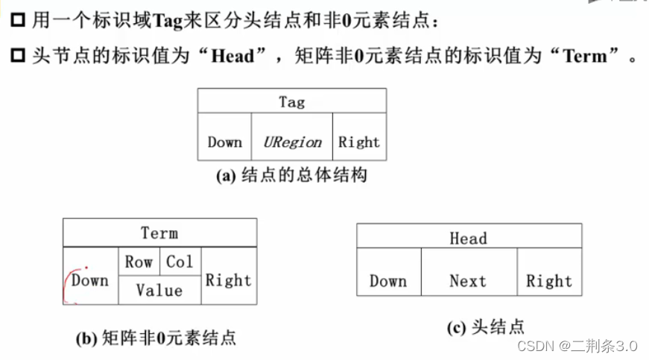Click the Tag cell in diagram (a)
pos(291,101)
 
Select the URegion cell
pos(292,142)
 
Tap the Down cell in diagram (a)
pos(224,142)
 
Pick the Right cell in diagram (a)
pos(359,142)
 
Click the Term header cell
pos(159,233)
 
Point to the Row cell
pos(139,262)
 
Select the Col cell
pos(180,262)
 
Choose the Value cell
pos(159,290)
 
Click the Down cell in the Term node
pos(90,280)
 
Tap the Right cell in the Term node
pos(229,280)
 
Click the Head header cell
pos(468,239)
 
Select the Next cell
pos(468,281)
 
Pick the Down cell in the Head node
pos(388,281)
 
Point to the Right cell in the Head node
pos(549,281)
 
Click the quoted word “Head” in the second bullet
pos(232,56)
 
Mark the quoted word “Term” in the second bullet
pos(585,56)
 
